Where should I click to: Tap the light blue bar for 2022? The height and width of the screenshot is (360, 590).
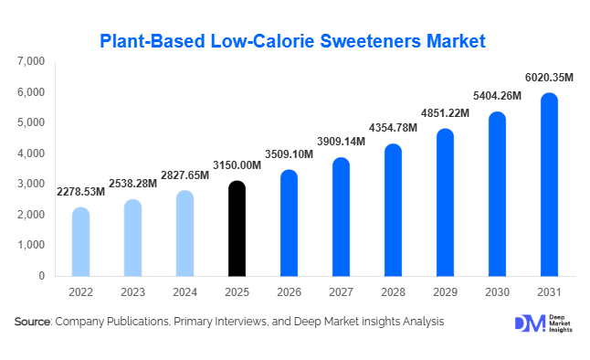80,241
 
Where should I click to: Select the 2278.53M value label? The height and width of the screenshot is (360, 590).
81,193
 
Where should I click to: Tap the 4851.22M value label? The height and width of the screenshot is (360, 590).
447,113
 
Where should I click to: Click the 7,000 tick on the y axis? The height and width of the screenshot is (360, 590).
30,61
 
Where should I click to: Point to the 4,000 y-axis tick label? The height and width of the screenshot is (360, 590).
30,154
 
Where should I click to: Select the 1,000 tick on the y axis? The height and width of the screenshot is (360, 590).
30,245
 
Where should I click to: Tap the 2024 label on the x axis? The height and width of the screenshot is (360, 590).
184,291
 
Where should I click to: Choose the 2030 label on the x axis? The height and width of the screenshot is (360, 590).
497,291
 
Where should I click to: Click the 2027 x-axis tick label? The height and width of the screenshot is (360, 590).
341,291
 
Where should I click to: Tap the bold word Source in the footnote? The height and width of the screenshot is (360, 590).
33,322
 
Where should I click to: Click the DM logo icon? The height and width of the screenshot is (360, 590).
529,323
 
